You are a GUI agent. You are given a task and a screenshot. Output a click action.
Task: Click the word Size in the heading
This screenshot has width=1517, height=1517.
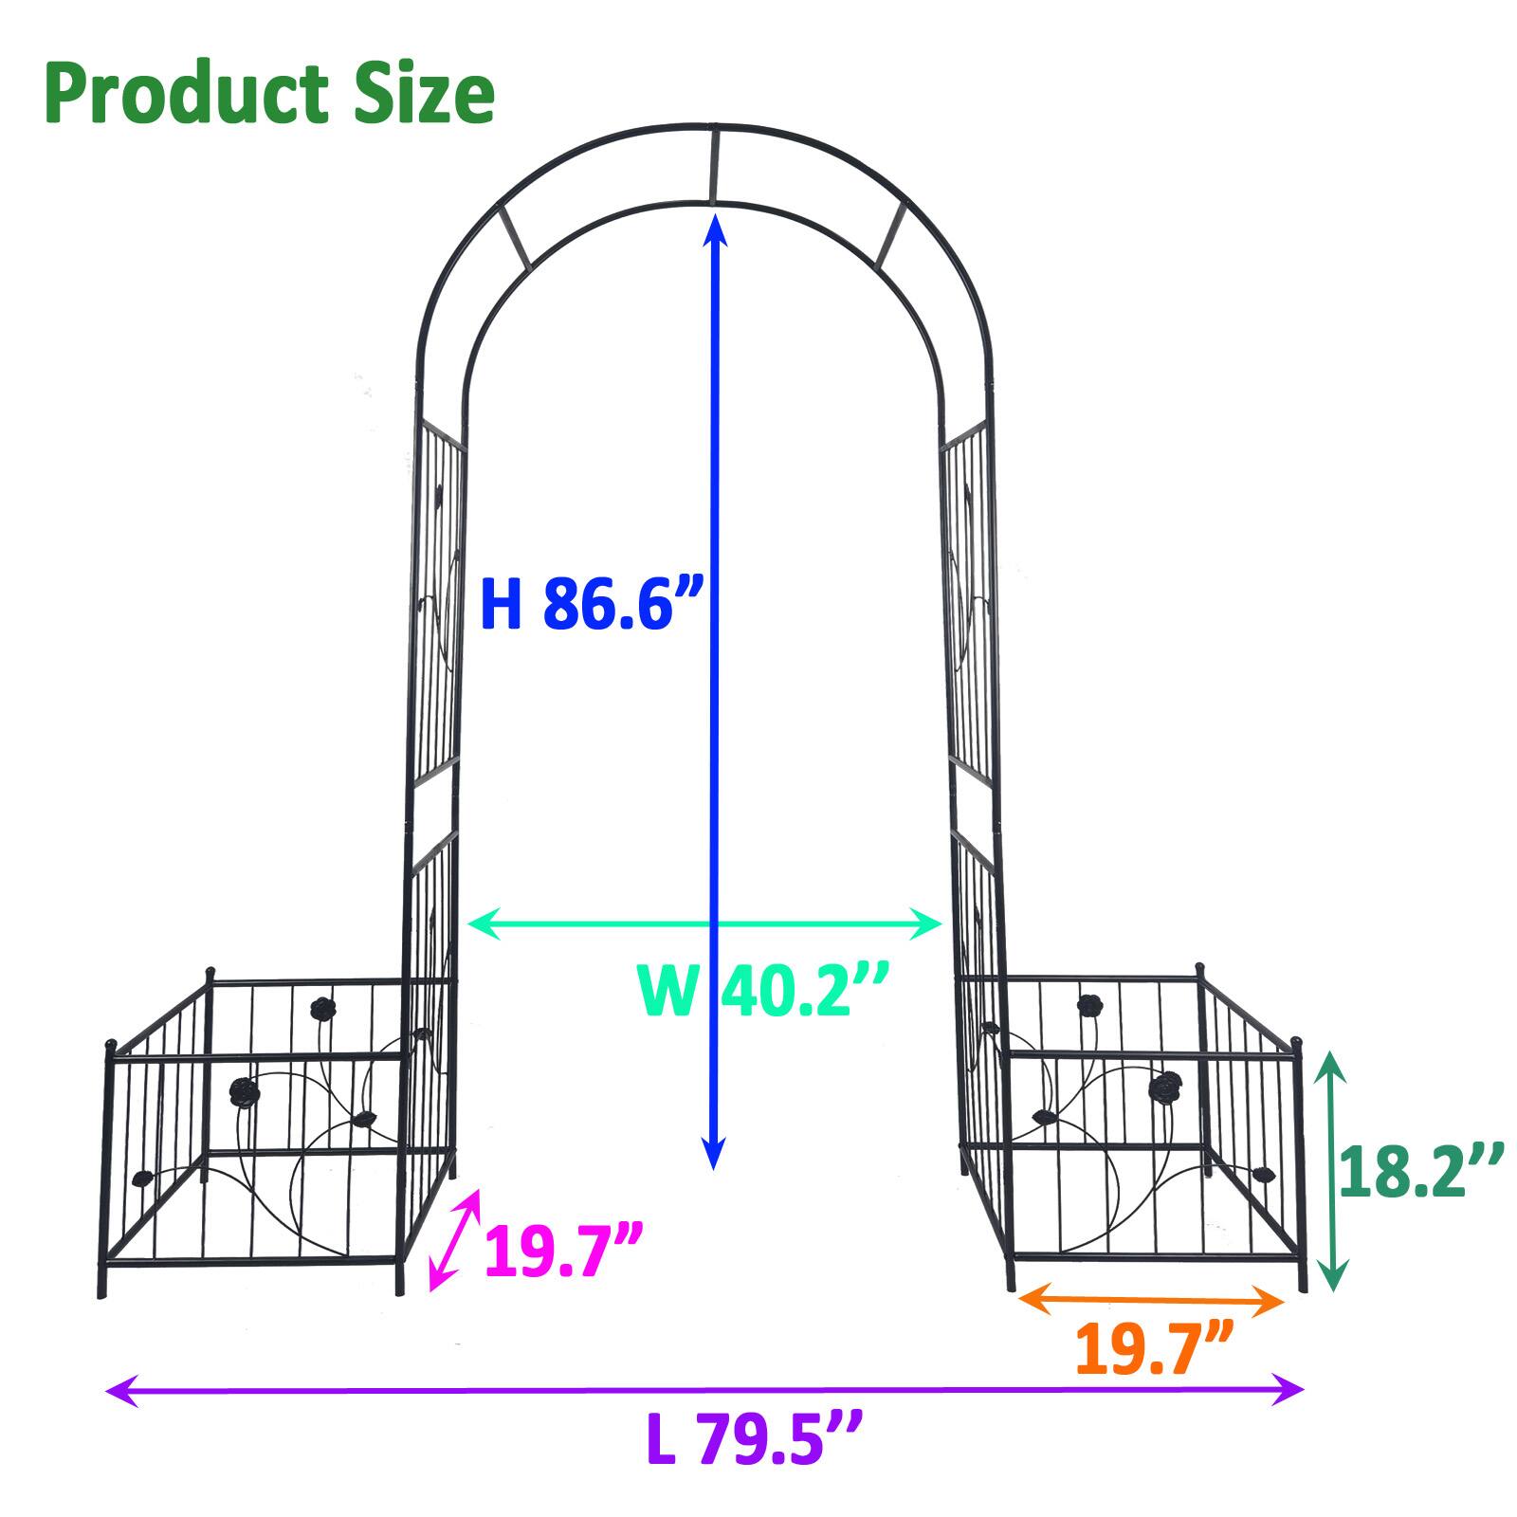tap(425, 95)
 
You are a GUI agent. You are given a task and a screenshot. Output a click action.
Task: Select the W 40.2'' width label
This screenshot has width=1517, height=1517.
tap(764, 990)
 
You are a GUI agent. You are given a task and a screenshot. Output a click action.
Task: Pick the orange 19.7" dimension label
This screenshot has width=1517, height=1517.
tap(1154, 1350)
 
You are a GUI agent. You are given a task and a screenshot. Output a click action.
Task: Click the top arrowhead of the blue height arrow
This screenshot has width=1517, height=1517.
tap(714, 228)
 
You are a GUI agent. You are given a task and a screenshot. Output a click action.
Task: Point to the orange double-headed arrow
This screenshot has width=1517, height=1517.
tap(1150, 1300)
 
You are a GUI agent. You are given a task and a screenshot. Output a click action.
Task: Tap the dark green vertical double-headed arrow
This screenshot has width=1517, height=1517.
tap(1332, 1171)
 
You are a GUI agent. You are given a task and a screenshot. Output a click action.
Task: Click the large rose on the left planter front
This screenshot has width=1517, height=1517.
tap(244, 1093)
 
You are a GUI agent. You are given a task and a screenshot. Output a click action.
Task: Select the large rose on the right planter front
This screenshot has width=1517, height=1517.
tap(1165, 1087)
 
